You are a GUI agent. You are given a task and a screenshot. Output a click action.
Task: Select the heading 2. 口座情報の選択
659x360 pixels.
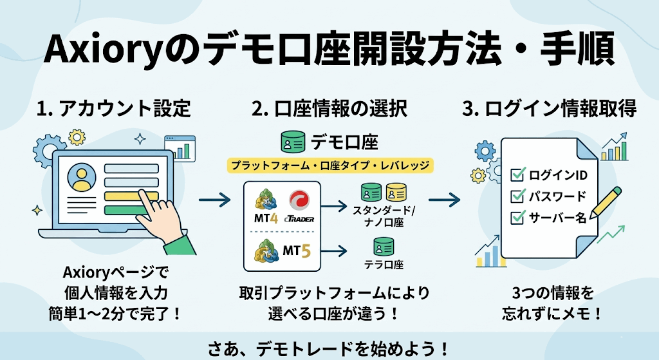pyautogui.click(x=329, y=109)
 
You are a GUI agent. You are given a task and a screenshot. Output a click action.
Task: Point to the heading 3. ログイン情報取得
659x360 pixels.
pyautogui.click(x=550, y=109)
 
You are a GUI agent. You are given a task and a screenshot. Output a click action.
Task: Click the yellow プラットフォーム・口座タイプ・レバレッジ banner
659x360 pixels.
pyautogui.click(x=329, y=166)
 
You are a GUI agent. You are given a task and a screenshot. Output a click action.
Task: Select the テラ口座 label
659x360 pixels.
pyautogui.click(x=385, y=264)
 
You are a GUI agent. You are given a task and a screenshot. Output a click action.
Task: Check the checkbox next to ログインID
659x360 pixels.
pyautogui.click(x=517, y=175)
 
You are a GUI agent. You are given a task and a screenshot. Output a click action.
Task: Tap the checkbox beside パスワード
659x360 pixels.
pyautogui.click(x=517, y=196)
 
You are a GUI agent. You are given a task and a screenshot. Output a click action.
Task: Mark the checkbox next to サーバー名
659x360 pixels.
pyautogui.click(x=517, y=218)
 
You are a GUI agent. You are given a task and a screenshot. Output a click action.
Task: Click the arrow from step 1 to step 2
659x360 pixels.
pyautogui.click(x=214, y=201)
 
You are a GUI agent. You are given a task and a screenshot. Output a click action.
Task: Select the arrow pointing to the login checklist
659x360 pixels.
pyautogui.click(x=444, y=201)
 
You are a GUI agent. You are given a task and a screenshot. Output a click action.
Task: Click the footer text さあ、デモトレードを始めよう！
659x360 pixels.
pyautogui.click(x=329, y=348)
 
